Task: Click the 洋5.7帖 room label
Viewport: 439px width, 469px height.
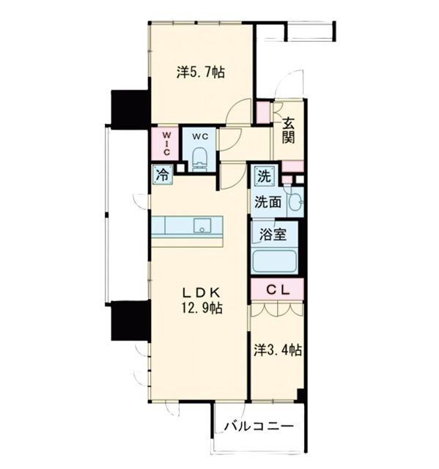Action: click(x=201, y=73)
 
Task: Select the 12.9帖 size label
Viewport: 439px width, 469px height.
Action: click(x=202, y=308)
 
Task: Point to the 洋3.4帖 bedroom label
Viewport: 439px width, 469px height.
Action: click(x=278, y=350)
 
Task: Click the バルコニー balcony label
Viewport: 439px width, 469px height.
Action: click(x=259, y=426)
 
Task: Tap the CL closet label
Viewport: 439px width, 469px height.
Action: click(x=278, y=289)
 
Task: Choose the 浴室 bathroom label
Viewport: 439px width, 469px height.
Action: click(x=273, y=234)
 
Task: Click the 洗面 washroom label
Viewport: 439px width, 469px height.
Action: click(x=268, y=203)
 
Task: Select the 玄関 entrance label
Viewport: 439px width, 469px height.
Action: click(x=289, y=130)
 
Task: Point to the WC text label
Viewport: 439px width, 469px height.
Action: click(x=200, y=137)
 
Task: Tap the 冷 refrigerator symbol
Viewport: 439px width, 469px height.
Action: click(x=163, y=174)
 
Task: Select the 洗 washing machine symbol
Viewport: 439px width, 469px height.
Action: click(x=265, y=177)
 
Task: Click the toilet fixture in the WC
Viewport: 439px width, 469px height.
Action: click(x=199, y=160)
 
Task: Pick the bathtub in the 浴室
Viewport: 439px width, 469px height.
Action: click(x=274, y=261)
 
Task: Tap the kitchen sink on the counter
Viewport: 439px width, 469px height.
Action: click(x=202, y=225)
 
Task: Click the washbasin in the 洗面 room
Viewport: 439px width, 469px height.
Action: click(x=295, y=202)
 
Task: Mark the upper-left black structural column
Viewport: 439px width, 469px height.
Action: click(x=130, y=109)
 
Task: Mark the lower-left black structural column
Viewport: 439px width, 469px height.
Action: click(x=130, y=320)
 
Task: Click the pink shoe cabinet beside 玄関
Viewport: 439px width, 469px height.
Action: click(x=263, y=113)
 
